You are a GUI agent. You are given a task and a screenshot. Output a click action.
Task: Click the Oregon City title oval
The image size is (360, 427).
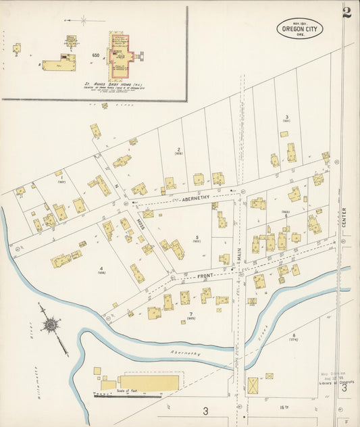[x=299, y=28]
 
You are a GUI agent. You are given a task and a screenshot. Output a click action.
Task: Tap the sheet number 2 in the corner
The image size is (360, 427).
[x=346, y=12]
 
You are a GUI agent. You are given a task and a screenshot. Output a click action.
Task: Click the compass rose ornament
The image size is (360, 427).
[x=51, y=326]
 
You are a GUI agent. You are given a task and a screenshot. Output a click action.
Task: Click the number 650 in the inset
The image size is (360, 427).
[x=96, y=55]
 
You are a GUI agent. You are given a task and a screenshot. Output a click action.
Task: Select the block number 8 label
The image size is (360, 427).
[x=294, y=335]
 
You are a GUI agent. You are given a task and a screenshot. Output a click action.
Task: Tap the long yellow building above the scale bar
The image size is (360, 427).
[x=148, y=383]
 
